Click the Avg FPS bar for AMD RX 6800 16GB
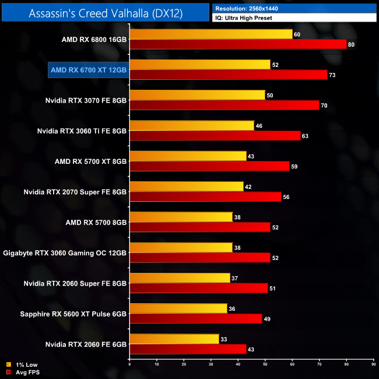238,44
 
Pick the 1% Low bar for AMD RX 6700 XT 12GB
200,65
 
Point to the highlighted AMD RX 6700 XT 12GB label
88,70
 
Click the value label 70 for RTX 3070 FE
325,106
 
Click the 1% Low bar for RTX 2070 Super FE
187,186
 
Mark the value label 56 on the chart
287,196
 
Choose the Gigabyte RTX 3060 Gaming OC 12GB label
65,252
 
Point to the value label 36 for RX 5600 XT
233,308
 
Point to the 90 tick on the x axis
373,364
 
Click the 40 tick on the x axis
238,364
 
